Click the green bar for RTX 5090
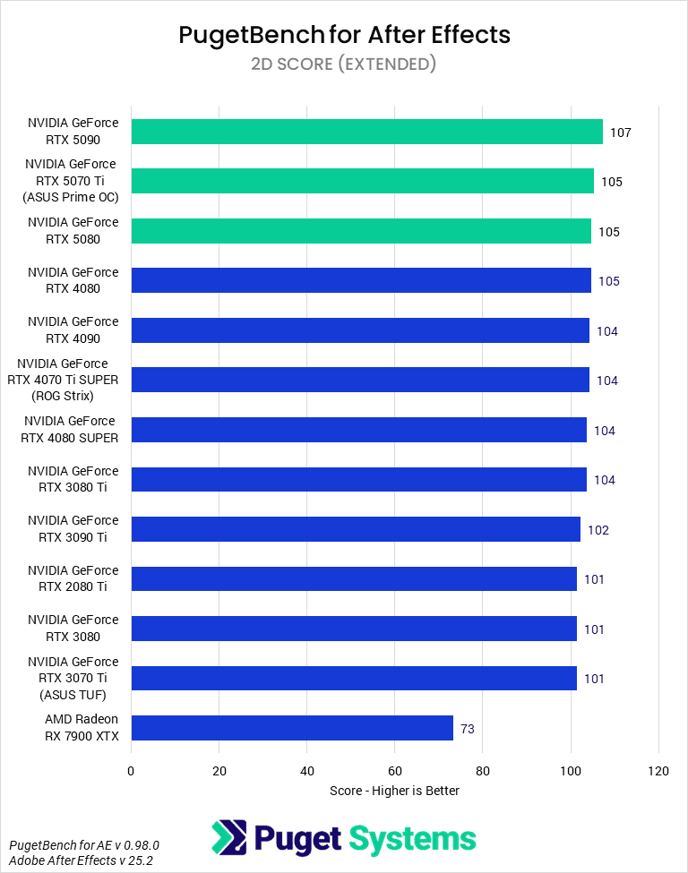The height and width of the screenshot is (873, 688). coord(366,132)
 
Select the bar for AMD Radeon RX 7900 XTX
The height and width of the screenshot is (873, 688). coord(292,728)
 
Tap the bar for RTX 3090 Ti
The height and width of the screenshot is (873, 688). coord(356,529)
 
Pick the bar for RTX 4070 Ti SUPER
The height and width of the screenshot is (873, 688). coord(360,380)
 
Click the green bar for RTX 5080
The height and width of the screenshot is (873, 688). coord(361,231)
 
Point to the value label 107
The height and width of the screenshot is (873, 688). coord(621,133)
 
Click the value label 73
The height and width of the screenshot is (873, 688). coord(468,729)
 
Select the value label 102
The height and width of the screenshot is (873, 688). coord(598,530)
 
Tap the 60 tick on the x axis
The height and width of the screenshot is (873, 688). coord(395,771)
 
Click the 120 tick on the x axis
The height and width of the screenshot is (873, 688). coord(658,771)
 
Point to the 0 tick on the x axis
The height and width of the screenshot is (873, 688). coord(131,771)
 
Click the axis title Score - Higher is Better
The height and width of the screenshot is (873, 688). coord(394,791)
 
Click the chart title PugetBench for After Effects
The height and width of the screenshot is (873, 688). coord(344,35)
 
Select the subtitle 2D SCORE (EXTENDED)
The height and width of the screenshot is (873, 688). coord(344,64)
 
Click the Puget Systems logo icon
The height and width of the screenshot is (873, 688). coord(228,838)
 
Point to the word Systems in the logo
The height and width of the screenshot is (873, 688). coord(411,839)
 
